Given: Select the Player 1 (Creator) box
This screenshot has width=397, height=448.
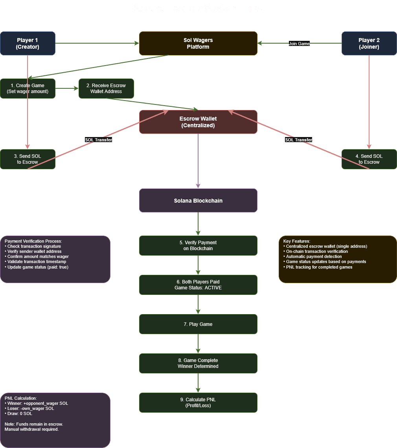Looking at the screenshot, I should (28, 43).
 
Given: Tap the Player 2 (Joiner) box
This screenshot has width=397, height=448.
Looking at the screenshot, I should (369, 43).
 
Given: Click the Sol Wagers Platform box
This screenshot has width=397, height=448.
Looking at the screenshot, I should (198, 43).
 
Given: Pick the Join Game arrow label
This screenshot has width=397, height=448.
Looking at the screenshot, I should (299, 44).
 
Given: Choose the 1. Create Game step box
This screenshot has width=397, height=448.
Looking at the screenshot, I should (28, 88).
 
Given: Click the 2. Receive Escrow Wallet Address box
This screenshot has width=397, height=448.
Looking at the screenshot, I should (106, 88).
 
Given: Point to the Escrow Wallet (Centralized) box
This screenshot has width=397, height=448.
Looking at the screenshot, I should (198, 122).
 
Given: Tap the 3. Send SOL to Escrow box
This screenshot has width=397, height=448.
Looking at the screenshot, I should (28, 159).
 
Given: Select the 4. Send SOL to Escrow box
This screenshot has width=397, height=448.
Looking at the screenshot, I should (369, 159).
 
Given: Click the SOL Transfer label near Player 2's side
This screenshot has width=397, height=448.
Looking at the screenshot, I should (299, 140).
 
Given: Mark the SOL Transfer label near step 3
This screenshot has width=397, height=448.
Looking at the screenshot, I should (99, 140).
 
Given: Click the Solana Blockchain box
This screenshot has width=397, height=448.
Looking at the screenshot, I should (198, 201).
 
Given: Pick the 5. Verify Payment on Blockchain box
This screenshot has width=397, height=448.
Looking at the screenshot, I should (198, 245).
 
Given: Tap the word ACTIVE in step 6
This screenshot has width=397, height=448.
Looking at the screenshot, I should (214, 288).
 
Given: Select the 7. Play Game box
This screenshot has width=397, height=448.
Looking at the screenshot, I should (198, 324).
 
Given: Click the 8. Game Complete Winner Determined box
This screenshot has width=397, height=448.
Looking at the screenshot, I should (198, 363).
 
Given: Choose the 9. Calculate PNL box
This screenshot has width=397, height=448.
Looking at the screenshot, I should (198, 402).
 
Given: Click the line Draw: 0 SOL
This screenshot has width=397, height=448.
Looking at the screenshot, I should (20, 413).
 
